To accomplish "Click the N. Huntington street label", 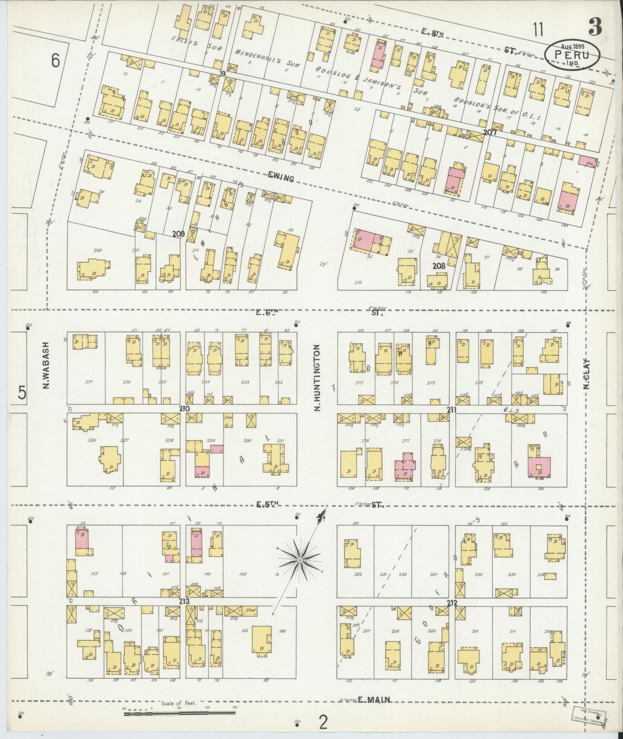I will [x=317, y=378].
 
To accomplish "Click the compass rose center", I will [x=299, y=560].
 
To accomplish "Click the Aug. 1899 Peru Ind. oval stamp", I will [x=572, y=55].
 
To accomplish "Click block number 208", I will [x=439, y=266].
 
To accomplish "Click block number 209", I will [x=178, y=234].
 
